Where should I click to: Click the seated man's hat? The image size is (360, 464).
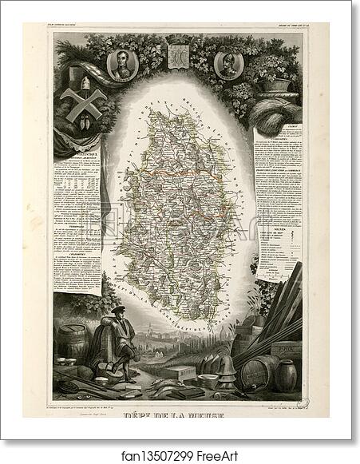(117, 309)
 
